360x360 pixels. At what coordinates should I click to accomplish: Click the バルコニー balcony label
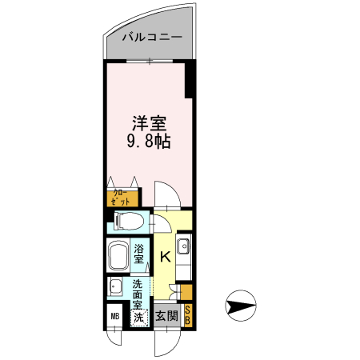152,38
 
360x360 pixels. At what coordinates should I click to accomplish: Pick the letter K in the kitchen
165,258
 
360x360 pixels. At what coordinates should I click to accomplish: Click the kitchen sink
183,247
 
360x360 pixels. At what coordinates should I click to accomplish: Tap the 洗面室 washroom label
138,295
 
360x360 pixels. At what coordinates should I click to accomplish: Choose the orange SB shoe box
188,315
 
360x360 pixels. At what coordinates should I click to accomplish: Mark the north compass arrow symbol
242,306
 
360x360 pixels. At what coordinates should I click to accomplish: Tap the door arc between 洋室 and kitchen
166,194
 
